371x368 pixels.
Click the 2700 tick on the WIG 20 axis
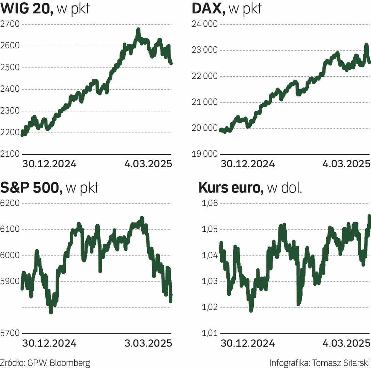click(x=10, y=24)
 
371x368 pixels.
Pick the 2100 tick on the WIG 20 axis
click(x=10, y=154)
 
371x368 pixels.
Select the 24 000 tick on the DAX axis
click(x=203, y=24)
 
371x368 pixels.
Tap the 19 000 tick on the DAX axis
click(x=203, y=154)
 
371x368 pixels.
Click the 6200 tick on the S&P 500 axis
click(x=10, y=204)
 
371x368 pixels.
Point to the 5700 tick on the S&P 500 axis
click(x=10, y=334)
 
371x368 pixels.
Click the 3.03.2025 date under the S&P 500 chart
click(x=148, y=343)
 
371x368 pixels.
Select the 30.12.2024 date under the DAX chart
click(x=248, y=164)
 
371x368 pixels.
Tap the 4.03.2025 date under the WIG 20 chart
click(x=148, y=164)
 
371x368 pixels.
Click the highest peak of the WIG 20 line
click(x=138, y=30)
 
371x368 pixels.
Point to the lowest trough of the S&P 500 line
click(x=51, y=312)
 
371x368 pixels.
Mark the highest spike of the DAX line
click(x=366, y=45)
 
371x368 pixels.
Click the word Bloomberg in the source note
click(x=70, y=363)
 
